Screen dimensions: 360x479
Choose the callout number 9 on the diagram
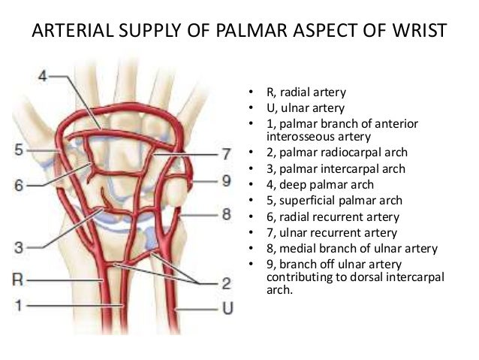click(225, 181)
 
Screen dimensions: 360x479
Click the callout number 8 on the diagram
click(225, 216)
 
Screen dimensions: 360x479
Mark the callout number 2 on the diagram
click(225, 283)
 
